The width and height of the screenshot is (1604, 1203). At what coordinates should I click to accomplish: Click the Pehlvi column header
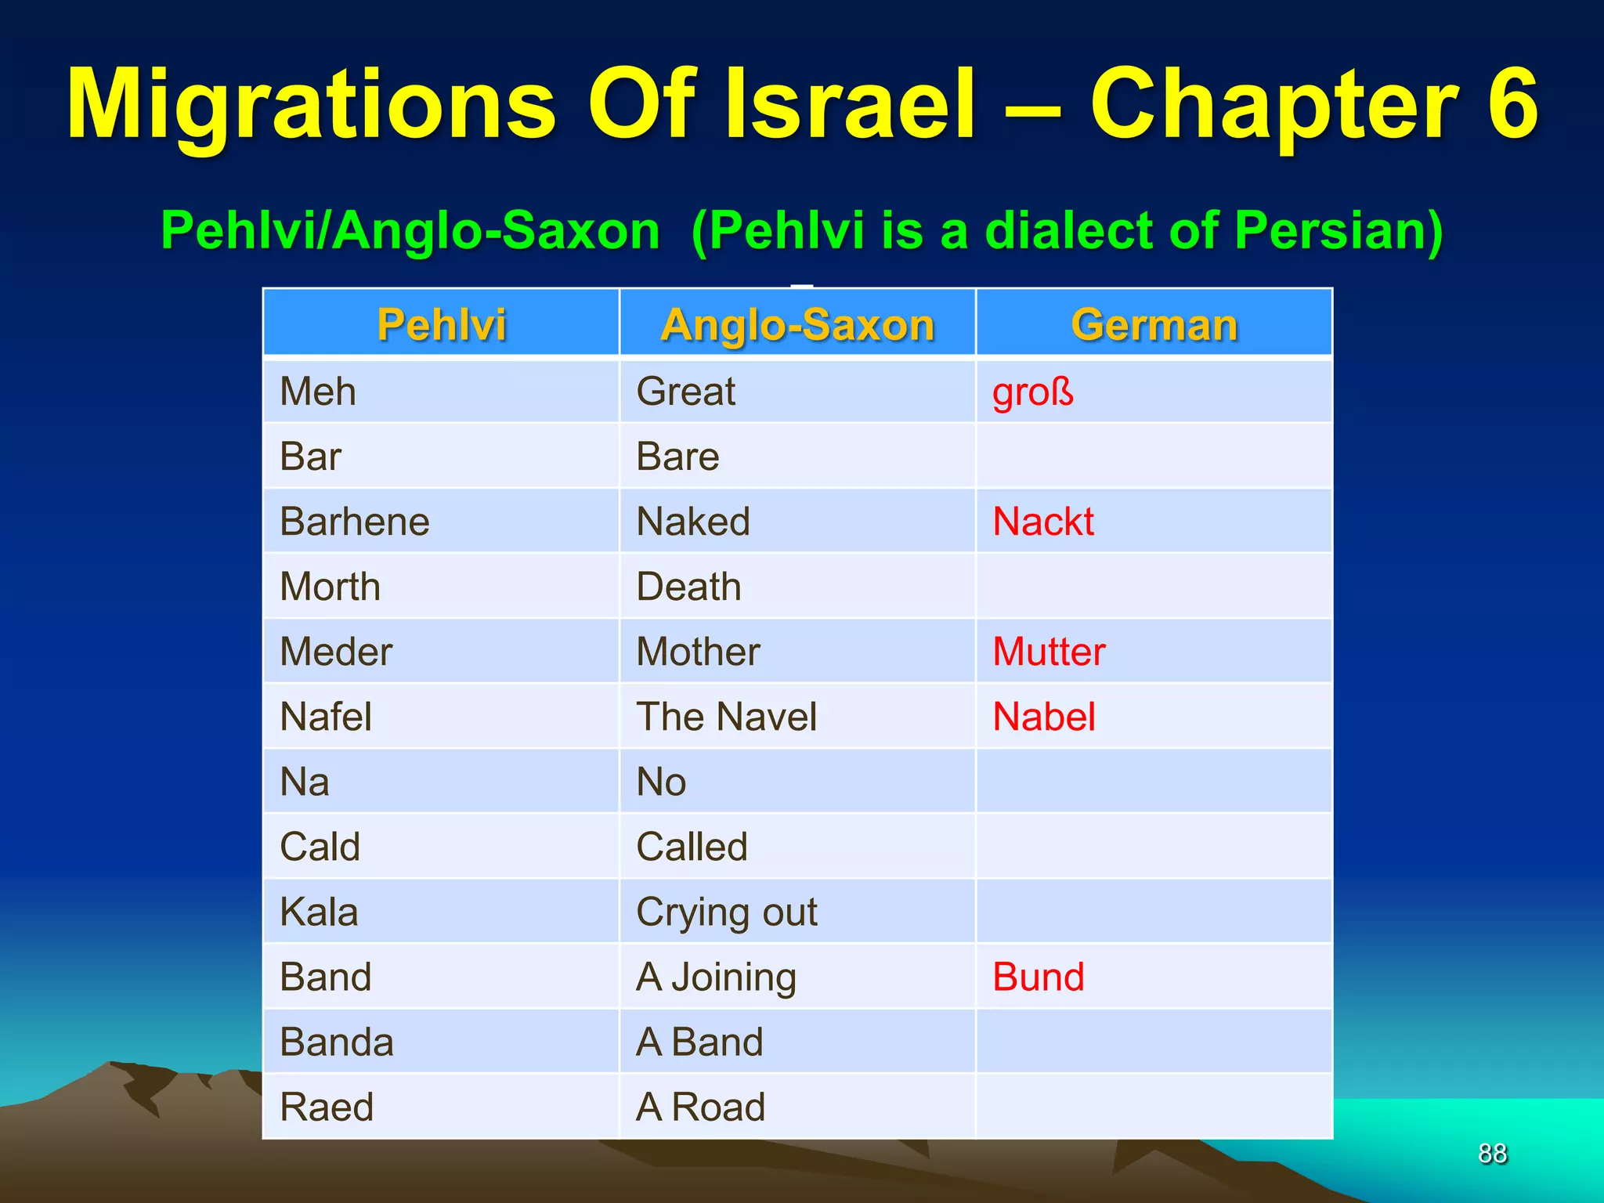click(x=441, y=324)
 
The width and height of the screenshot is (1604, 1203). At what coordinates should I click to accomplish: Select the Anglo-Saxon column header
click(x=797, y=324)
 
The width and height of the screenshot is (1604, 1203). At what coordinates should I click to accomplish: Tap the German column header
click(x=1154, y=324)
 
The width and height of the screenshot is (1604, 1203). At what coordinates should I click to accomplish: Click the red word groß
click(x=1032, y=392)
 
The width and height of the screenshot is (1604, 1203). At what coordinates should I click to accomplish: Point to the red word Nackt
click(x=1042, y=522)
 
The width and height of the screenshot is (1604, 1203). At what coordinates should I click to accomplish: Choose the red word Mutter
click(x=1049, y=652)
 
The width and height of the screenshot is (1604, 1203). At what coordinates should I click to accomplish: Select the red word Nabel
click(x=1043, y=717)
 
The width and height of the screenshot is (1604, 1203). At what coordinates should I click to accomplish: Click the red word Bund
click(x=1038, y=977)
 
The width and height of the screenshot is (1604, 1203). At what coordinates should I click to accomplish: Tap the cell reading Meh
click(x=318, y=392)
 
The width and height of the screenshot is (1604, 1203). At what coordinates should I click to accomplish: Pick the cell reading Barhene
click(x=355, y=522)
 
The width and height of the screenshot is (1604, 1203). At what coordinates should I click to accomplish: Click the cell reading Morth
click(x=331, y=587)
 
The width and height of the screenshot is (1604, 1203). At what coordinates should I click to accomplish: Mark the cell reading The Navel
click(x=726, y=717)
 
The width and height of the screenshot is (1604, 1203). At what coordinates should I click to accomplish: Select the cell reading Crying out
click(x=726, y=912)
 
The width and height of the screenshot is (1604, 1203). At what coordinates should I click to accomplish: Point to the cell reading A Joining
click(x=716, y=977)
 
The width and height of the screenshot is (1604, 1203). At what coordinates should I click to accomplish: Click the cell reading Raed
click(x=327, y=1107)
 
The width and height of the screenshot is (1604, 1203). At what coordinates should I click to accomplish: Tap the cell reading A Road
click(x=700, y=1107)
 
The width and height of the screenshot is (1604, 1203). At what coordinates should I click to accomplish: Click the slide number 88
click(x=1492, y=1153)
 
